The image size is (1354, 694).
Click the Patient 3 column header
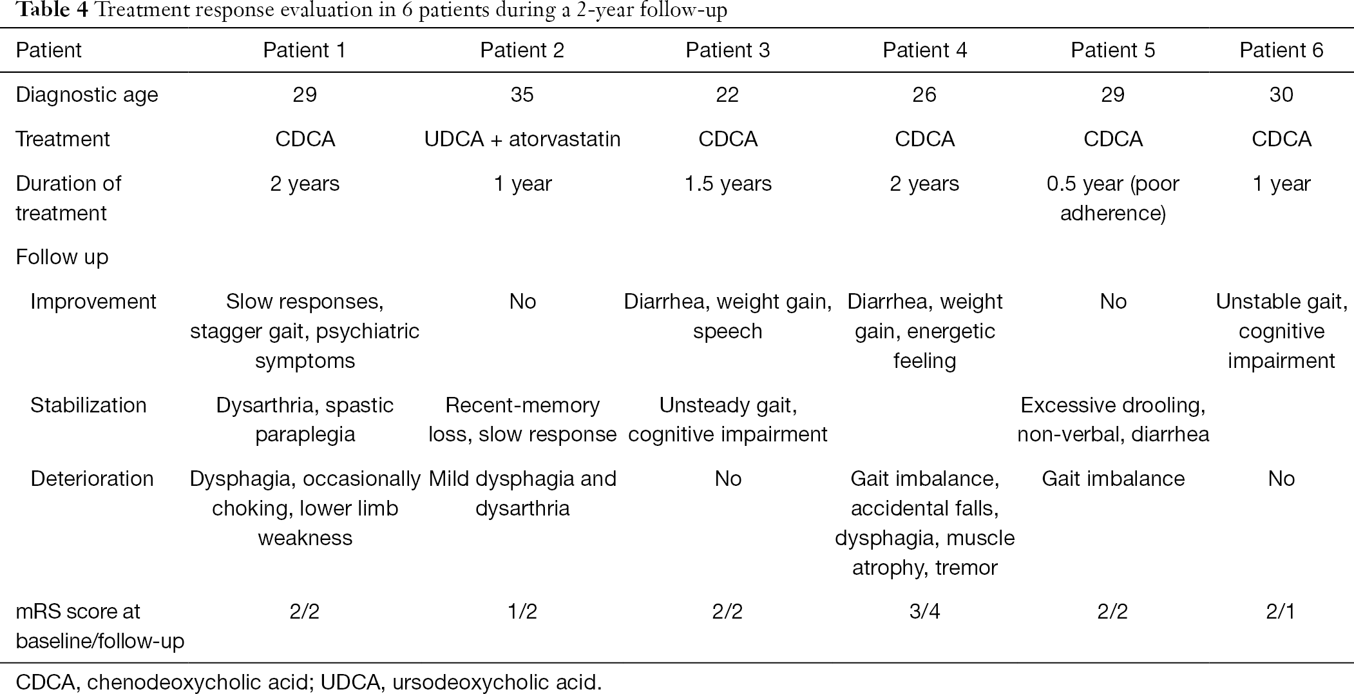pyautogui.click(x=727, y=50)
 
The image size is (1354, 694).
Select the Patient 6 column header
pyautogui.click(x=1281, y=50)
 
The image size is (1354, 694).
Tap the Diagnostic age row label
pyautogui.click(x=87, y=95)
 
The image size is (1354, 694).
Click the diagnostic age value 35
pyautogui.click(x=522, y=95)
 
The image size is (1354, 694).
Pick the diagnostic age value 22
pyautogui.click(x=727, y=95)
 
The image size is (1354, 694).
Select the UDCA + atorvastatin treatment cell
pyautogui.click(x=522, y=139)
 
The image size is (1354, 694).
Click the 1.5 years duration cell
pyautogui.click(x=727, y=184)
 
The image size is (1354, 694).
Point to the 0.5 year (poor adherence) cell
pyautogui.click(x=1112, y=198)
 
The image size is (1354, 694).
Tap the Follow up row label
pyautogui.click(x=62, y=257)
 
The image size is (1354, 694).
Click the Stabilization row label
pyautogui.click(x=88, y=405)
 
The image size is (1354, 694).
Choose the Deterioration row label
pyautogui.click(x=92, y=479)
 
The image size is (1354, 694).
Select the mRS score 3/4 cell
pyautogui.click(x=924, y=612)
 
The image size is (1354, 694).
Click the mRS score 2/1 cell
pyautogui.click(x=1281, y=612)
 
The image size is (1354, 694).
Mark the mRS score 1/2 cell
pyautogui.click(x=522, y=612)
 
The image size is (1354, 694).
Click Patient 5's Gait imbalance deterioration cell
pyautogui.click(x=1112, y=479)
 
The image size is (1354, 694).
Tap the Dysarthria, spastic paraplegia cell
pyautogui.click(x=305, y=419)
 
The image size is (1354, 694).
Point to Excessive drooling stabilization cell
pyautogui.click(x=1112, y=419)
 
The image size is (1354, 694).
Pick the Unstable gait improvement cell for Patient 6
pyautogui.click(x=1281, y=331)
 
